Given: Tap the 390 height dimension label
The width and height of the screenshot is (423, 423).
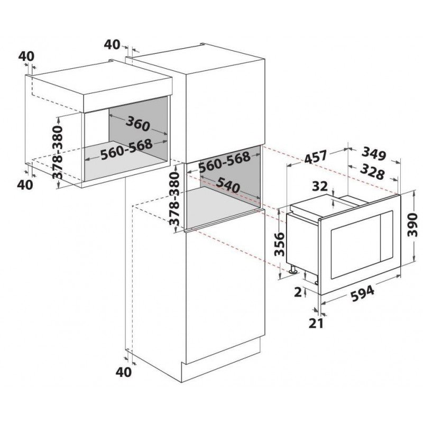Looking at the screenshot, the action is [x=412, y=224].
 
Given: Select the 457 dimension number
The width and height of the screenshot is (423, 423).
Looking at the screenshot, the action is [x=316, y=157].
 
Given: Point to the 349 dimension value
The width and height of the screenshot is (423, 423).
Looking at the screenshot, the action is [x=374, y=154].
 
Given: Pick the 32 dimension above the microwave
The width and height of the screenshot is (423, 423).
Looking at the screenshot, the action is [x=320, y=186].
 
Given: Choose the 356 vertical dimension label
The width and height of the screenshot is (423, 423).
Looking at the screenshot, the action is [x=280, y=244].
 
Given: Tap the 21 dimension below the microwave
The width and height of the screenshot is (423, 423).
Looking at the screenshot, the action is [x=316, y=324].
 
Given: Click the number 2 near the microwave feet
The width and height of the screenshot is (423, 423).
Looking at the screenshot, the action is [x=298, y=292].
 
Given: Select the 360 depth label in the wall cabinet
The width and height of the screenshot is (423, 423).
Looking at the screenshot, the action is [x=137, y=124].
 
